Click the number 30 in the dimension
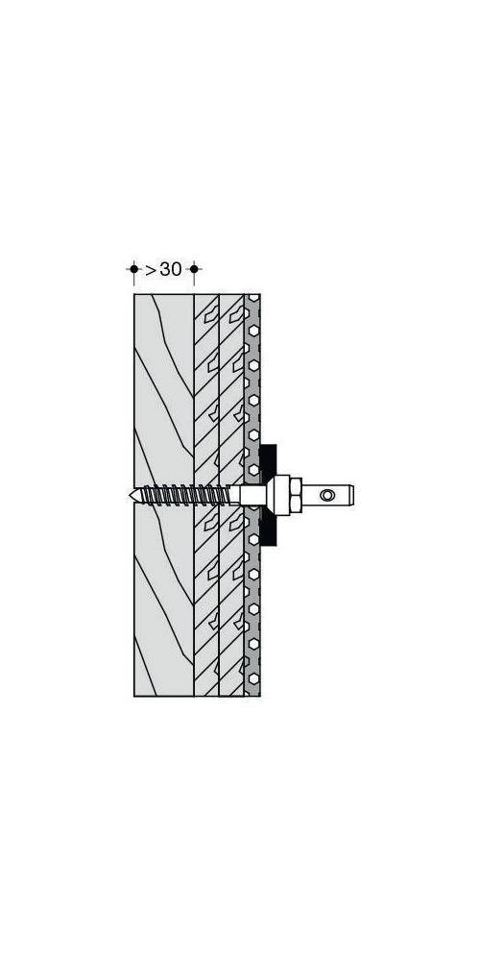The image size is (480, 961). pos(170,270)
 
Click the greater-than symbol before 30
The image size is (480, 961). pos(151,270)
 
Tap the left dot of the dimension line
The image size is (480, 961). pos(133,270)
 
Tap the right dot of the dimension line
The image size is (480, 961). pos(194,270)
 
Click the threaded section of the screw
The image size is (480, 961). pos(182,495)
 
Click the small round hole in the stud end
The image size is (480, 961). pos(328,495)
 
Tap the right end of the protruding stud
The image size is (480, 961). pos(352,495)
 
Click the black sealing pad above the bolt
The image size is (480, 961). pos(268,459)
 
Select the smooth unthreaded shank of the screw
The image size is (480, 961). pos(248,495)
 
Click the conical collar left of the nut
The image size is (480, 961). pos(269,495)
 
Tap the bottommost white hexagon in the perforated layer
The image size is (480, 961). pos(252,682)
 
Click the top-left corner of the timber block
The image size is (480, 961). pos(134,294)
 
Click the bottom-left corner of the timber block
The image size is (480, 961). pos(134,696)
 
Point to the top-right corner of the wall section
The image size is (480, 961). pos(260,294)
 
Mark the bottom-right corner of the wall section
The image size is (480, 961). pos(260,696)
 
